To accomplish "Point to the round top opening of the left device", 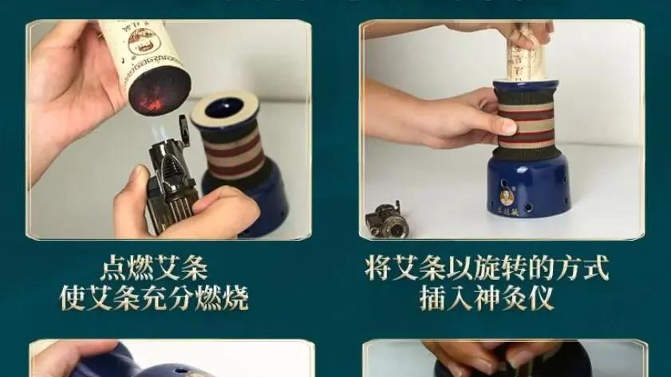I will tap(226, 107).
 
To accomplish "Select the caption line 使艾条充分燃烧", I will tap(155, 297).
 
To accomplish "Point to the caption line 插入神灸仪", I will tap(487, 298).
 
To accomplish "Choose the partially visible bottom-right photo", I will tap(503, 359).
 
